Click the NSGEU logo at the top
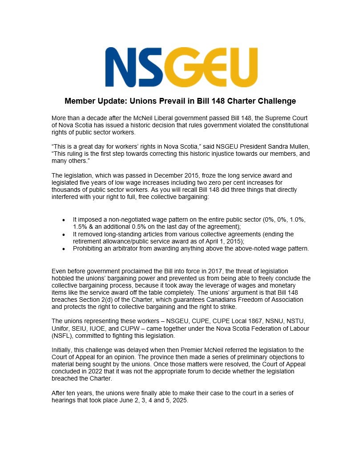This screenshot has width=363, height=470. click(x=181, y=67)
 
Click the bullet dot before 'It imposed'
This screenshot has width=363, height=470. click(x=64, y=220)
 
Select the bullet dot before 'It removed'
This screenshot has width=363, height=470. click(x=64, y=235)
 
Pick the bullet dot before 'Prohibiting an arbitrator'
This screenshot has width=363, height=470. click(x=64, y=249)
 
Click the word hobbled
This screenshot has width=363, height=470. click(x=64, y=279)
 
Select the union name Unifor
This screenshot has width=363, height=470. click(x=61, y=328)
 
